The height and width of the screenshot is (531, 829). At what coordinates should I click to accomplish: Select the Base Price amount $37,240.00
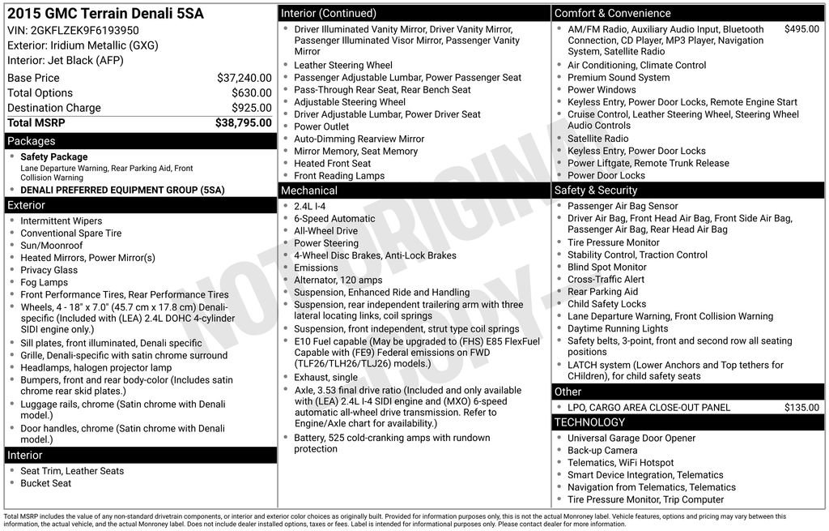[244, 78]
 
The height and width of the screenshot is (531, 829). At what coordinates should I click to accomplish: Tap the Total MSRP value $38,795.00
[243, 122]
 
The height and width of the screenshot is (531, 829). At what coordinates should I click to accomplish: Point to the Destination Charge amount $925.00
[251, 108]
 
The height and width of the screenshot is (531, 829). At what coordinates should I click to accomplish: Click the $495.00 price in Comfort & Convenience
[801, 29]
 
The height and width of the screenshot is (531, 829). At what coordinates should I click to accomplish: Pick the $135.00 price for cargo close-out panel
[801, 408]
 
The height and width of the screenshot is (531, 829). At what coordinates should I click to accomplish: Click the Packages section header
[31, 141]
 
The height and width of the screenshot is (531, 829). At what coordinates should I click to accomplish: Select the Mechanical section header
[308, 191]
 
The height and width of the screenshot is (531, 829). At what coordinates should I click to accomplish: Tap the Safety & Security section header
[596, 191]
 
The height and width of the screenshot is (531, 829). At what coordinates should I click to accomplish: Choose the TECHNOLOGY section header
[589, 422]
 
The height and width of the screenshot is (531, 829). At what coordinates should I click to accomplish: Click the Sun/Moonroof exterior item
[52, 246]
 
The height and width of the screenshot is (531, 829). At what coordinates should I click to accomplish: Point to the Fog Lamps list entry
[45, 282]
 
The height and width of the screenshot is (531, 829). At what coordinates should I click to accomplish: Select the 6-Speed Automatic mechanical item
[334, 219]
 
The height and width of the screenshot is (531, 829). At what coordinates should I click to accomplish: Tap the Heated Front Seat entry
[333, 164]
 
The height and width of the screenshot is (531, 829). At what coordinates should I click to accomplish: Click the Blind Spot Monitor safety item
[607, 267]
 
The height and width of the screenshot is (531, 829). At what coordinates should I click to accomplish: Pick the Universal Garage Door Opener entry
[631, 439]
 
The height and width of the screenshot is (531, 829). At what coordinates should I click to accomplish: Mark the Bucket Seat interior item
[46, 483]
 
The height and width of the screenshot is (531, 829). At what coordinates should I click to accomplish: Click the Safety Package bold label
[54, 157]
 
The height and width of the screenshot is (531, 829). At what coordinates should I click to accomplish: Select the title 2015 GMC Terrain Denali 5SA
[105, 14]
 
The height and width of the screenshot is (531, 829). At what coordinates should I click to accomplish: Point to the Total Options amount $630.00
[251, 93]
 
